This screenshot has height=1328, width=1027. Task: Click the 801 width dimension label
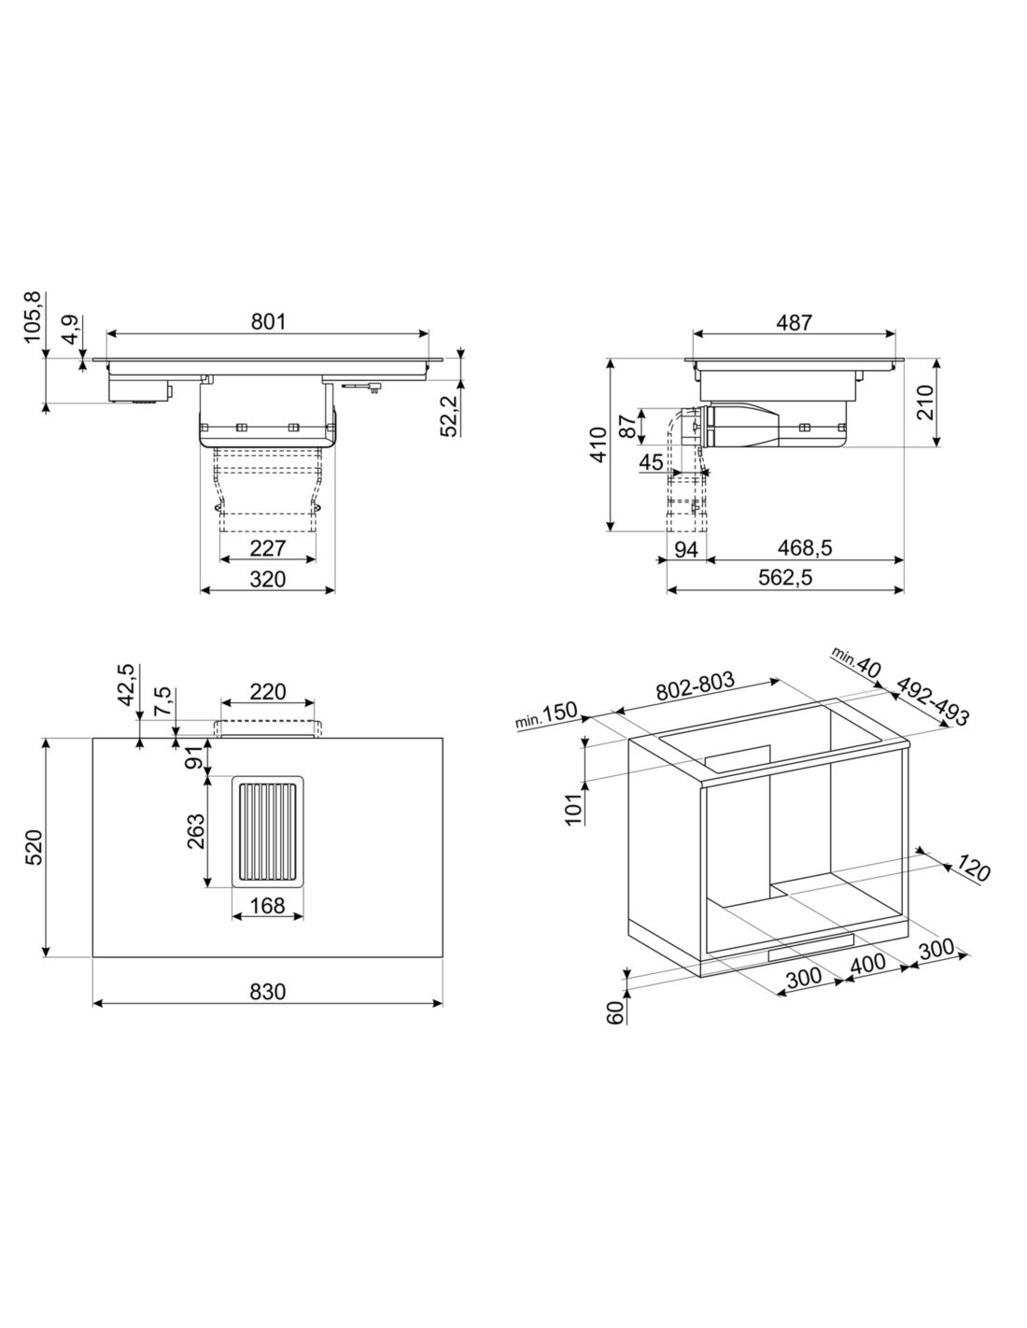[x=268, y=322]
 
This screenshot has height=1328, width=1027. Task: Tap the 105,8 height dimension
[x=33, y=318]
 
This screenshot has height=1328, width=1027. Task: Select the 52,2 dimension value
[x=450, y=416]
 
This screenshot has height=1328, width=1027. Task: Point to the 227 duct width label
[x=268, y=548]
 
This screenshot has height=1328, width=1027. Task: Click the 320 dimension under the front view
[x=268, y=579]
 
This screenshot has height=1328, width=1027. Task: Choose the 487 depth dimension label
[x=794, y=322]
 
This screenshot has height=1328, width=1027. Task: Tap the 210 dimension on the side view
[x=925, y=402]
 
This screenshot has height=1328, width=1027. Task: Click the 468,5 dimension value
[x=805, y=548]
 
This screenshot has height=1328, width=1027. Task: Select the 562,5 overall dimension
[x=785, y=577]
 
